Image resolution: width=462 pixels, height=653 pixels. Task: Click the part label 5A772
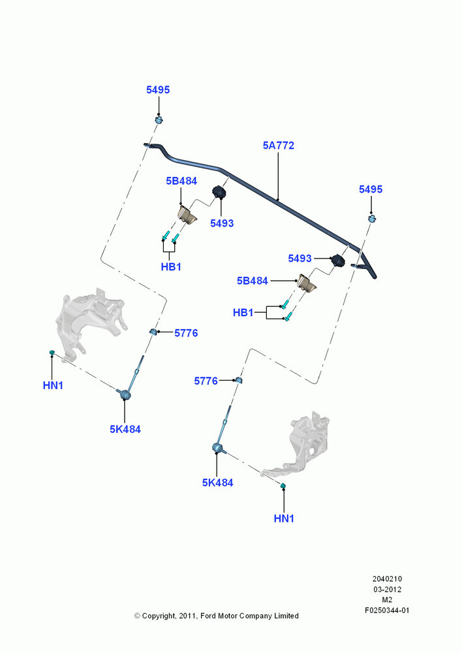[279, 146]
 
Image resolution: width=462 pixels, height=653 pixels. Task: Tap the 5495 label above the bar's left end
[158, 89]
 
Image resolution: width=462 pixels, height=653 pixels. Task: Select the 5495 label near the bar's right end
[371, 189]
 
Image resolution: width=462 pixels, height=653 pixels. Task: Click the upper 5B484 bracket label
[181, 181]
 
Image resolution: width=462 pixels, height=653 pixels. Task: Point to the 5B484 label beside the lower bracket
[253, 281]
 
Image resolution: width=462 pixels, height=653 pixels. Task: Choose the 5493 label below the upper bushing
[222, 223]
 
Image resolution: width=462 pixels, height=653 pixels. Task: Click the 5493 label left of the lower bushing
[300, 259]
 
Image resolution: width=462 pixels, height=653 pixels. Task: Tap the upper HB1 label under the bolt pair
[171, 266]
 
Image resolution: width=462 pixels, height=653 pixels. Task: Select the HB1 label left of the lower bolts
[243, 312]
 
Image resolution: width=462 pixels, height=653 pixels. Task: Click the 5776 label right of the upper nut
[186, 333]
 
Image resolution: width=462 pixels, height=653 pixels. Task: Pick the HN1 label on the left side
[53, 386]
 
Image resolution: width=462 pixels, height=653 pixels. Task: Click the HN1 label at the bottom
[284, 518]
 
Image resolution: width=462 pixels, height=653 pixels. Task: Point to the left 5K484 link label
[125, 429]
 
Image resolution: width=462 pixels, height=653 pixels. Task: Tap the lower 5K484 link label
[218, 483]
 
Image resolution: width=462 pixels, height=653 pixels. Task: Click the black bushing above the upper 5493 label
[219, 192]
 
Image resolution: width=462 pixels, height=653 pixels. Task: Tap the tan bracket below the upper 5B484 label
[187, 215]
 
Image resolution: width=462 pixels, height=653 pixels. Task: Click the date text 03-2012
[387, 589]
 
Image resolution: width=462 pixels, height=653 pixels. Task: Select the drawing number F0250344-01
[387, 611]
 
